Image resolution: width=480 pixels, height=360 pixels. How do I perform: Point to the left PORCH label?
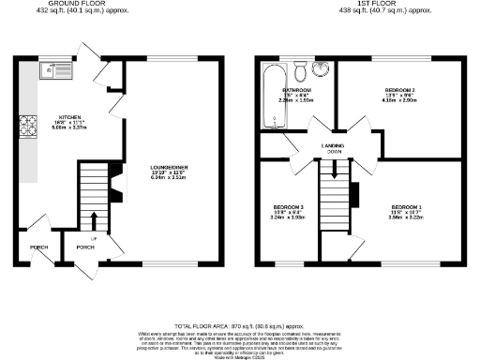coord(38,247)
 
